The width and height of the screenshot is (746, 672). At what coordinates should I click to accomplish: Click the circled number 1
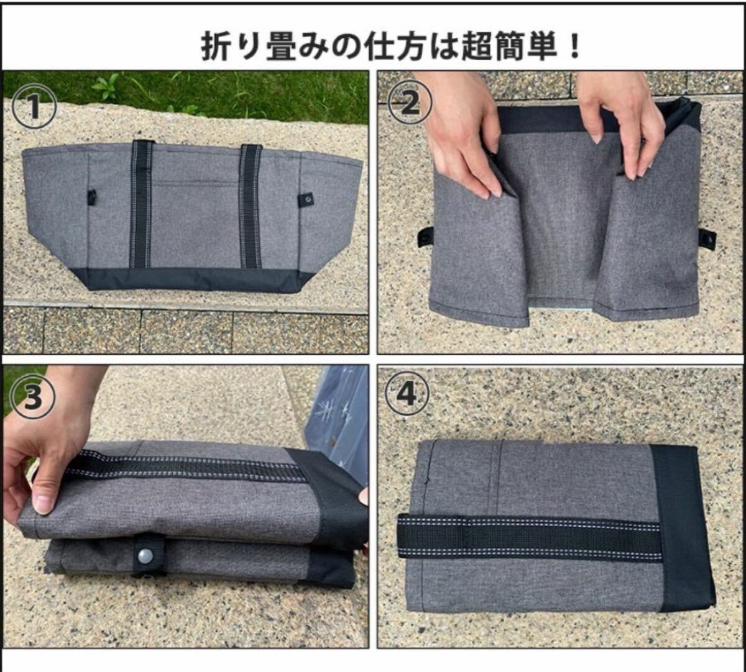click(35, 106)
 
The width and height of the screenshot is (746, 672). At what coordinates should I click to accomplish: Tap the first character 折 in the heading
click(216, 46)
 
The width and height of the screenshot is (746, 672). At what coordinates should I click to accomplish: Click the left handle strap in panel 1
click(141, 204)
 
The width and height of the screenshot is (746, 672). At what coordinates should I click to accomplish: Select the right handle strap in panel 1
click(251, 206)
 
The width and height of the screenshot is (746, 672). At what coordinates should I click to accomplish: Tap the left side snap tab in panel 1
click(91, 198)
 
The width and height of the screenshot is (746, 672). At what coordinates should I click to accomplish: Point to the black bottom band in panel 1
click(194, 279)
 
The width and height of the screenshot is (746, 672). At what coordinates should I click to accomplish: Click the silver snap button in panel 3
click(145, 556)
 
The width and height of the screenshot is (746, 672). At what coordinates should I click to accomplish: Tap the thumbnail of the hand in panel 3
click(43, 503)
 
